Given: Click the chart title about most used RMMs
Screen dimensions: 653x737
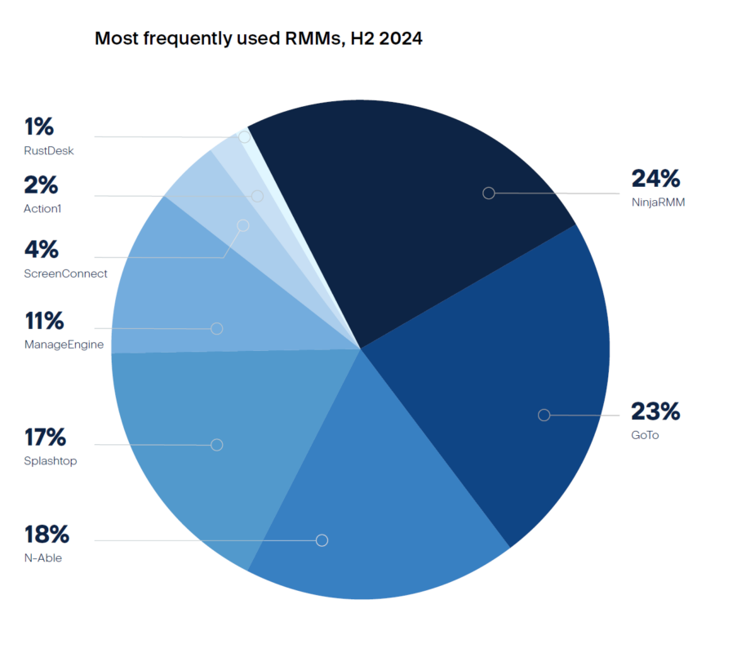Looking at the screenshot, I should point(258,38).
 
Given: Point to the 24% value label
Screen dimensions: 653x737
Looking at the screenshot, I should point(655,179).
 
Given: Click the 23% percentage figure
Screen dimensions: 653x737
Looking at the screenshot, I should point(655,411).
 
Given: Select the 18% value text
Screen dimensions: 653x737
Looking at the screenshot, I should point(47,535).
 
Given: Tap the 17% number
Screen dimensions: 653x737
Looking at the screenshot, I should point(45,438).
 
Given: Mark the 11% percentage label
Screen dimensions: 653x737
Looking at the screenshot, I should point(44,321).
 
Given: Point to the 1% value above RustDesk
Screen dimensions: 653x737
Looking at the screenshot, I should point(38,127).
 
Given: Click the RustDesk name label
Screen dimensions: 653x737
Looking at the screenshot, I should point(49,150).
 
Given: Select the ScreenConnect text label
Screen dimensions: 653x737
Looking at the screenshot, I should point(65,273).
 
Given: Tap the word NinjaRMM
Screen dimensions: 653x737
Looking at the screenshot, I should point(658,202).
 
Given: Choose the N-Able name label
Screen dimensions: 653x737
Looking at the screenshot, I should point(43,558).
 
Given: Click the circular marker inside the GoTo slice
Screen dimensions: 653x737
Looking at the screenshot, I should point(544,415).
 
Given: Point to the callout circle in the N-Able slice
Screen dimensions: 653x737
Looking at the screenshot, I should point(322,540).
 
